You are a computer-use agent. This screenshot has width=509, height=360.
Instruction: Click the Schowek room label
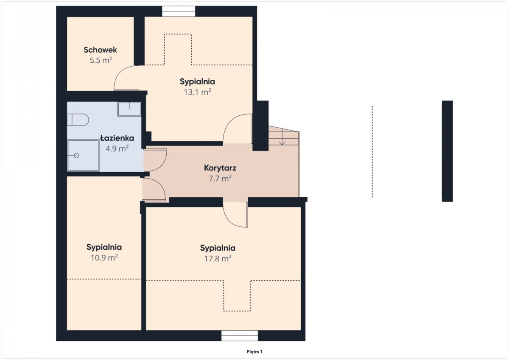(x=100, y=50)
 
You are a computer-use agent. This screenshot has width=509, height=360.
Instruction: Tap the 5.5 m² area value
(x=101, y=60)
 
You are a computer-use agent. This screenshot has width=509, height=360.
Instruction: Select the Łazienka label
(x=117, y=138)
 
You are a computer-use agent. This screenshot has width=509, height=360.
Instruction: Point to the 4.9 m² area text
(x=117, y=148)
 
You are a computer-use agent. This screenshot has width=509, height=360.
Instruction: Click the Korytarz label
(x=220, y=168)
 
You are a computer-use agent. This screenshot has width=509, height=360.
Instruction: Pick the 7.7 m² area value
(x=220, y=179)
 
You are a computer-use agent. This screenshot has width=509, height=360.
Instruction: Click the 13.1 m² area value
(x=198, y=92)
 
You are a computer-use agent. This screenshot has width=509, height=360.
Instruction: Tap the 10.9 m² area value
(x=104, y=258)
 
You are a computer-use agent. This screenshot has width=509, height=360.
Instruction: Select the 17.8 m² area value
(x=218, y=259)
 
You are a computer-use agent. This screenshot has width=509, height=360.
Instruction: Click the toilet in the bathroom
(x=78, y=120)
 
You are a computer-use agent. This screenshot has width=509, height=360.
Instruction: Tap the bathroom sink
(x=129, y=109)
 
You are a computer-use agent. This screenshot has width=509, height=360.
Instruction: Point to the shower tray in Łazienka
(x=83, y=156)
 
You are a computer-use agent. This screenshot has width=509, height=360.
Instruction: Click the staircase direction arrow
(x=282, y=137)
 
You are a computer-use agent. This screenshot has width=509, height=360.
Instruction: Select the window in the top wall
(x=179, y=11)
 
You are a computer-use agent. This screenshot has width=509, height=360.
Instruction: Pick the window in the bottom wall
(x=240, y=336)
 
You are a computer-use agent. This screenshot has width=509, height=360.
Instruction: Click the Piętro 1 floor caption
(x=255, y=352)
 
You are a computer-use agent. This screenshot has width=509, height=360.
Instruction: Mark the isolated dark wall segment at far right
(x=447, y=151)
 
